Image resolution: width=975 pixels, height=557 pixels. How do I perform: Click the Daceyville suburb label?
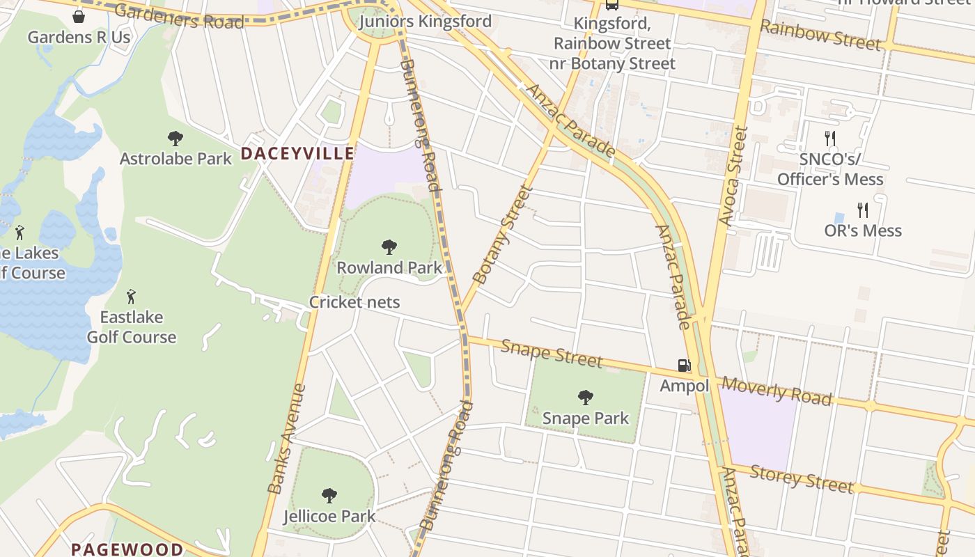point(297,154)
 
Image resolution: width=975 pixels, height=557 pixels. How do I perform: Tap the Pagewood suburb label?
point(127,549)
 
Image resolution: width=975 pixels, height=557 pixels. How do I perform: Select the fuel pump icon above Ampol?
point(685,366)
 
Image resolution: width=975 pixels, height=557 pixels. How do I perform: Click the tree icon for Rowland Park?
point(389,247)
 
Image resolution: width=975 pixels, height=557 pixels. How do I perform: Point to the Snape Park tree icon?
point(586,398)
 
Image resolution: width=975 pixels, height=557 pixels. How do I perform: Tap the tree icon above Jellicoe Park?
point(329,496)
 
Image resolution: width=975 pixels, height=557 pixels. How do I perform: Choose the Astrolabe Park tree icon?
point(175,139)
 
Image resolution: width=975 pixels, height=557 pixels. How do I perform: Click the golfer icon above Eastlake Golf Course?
point(131,297)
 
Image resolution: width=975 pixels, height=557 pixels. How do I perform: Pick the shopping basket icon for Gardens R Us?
point(79,17)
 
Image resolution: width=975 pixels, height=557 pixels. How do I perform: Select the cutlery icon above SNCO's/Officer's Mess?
point(829,138)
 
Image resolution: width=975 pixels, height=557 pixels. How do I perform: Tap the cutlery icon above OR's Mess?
point(863,210)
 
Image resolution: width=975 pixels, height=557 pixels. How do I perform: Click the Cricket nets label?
point(354,302)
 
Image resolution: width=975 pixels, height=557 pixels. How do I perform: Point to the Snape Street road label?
point(552,353)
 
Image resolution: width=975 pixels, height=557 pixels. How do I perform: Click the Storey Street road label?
point(802,480)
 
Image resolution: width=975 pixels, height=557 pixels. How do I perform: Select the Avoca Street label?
point(733,176)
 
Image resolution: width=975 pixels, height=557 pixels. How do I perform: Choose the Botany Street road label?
point(502,234)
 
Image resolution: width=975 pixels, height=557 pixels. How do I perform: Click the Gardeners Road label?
point(179,16)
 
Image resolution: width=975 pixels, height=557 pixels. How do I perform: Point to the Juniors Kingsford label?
point(425,22)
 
